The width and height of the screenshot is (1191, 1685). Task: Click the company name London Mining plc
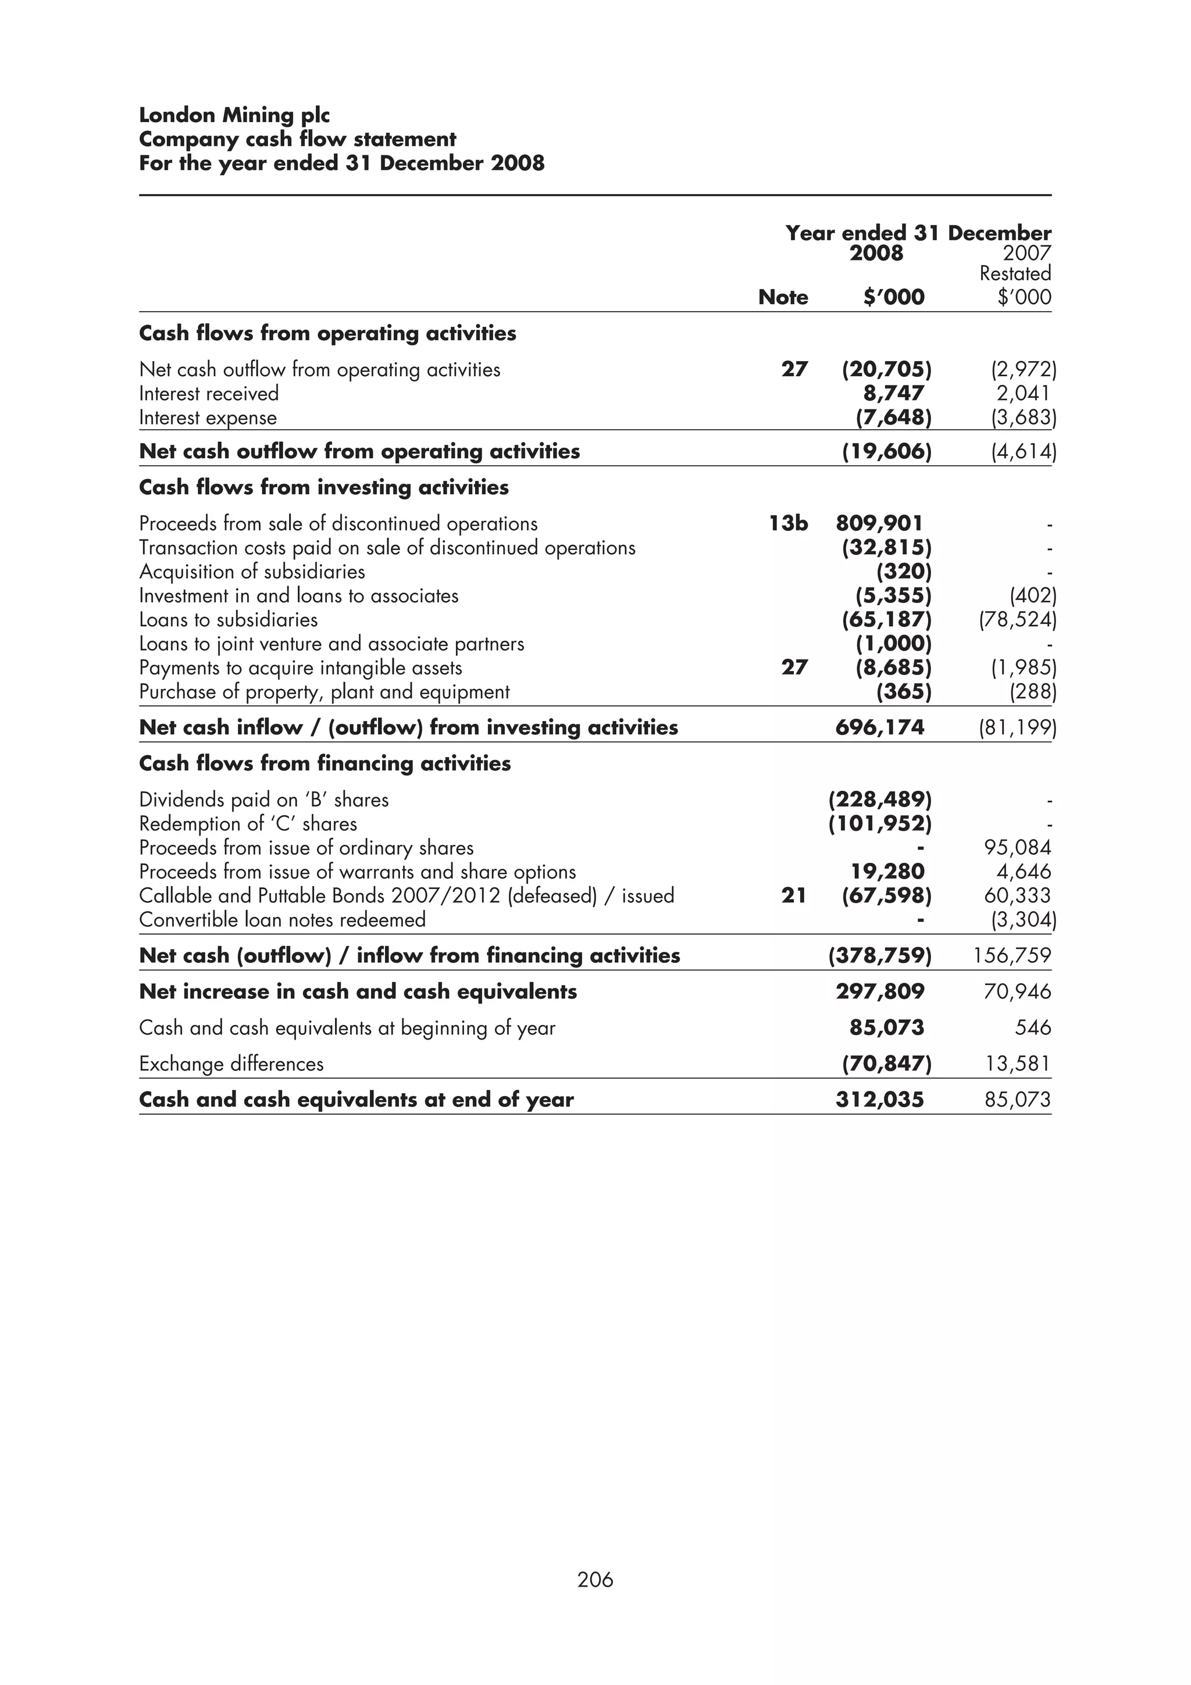click(x=234, y=115)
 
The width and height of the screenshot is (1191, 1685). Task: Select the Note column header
click(x=782, y=297)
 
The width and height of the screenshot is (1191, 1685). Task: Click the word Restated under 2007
click(x=1015, y=274)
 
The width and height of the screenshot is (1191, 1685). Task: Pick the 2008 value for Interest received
click(x=893, y=394)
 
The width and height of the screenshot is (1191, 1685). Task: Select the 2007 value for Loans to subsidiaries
click(x=1017, y=620)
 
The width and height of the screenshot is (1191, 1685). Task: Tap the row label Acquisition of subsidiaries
click(x=252, y=572)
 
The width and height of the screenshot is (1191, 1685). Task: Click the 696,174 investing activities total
click(x=879, y=727)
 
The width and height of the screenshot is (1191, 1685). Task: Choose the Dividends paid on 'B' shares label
click(x=263, y=799)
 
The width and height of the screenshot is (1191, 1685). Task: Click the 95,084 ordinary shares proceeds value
click(x=1017, y=848)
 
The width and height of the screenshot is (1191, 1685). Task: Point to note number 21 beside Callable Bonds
click(x=793, y=895)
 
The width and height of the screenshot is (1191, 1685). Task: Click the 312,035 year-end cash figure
click(x=879, y=1099)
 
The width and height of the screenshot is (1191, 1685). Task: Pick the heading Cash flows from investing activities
click(x=323, y=487)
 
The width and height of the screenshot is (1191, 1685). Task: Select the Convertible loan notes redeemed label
click(x=282, y=920)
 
